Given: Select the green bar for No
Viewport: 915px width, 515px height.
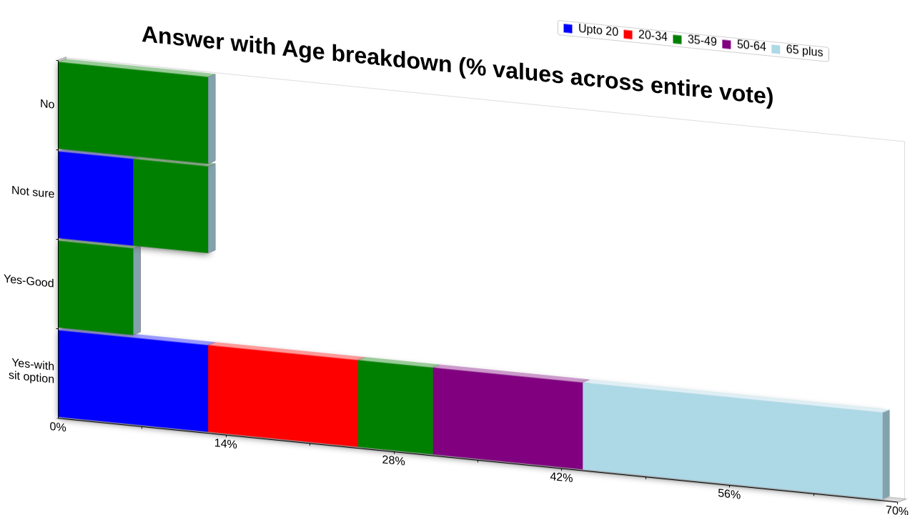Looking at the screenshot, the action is tap(133, 113).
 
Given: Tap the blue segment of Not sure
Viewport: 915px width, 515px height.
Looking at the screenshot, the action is tap(96, 198).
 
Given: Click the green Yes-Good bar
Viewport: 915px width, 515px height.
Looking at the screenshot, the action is tap(96, 288).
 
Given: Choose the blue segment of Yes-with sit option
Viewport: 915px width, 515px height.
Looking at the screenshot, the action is tap(133, 381).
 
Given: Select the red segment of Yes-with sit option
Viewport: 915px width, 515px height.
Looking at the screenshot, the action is tap(283, 396).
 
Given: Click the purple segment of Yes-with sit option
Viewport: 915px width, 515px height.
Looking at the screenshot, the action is tap(508, 418).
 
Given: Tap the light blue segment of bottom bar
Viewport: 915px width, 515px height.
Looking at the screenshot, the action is tap(733, 441).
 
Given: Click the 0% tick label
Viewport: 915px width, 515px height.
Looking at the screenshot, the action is tap(58, 427).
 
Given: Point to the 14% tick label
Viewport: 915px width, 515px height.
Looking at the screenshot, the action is tap(225, 443).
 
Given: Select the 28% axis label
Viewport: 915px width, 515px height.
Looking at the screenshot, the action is tap(393, 460).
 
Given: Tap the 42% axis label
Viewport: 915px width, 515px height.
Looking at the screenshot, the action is tap(561, 477).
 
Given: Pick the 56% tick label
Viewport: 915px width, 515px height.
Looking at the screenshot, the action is tap(729, 494).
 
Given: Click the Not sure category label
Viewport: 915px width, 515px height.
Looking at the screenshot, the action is tap(33, 191).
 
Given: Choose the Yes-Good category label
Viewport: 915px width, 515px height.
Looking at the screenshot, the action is tap(29, 281).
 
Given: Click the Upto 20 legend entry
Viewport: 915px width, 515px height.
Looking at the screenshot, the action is tap(590, 30).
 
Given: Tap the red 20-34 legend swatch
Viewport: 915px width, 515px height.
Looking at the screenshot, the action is tap(628, 34).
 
